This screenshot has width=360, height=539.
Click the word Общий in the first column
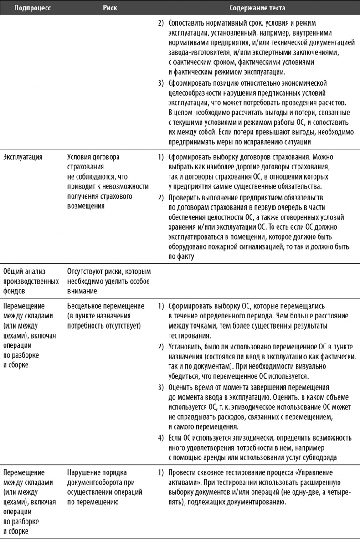tap(14, 271)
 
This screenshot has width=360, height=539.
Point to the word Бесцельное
tap(87, 306)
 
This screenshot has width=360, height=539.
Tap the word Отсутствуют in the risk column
tap(87, 271)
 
